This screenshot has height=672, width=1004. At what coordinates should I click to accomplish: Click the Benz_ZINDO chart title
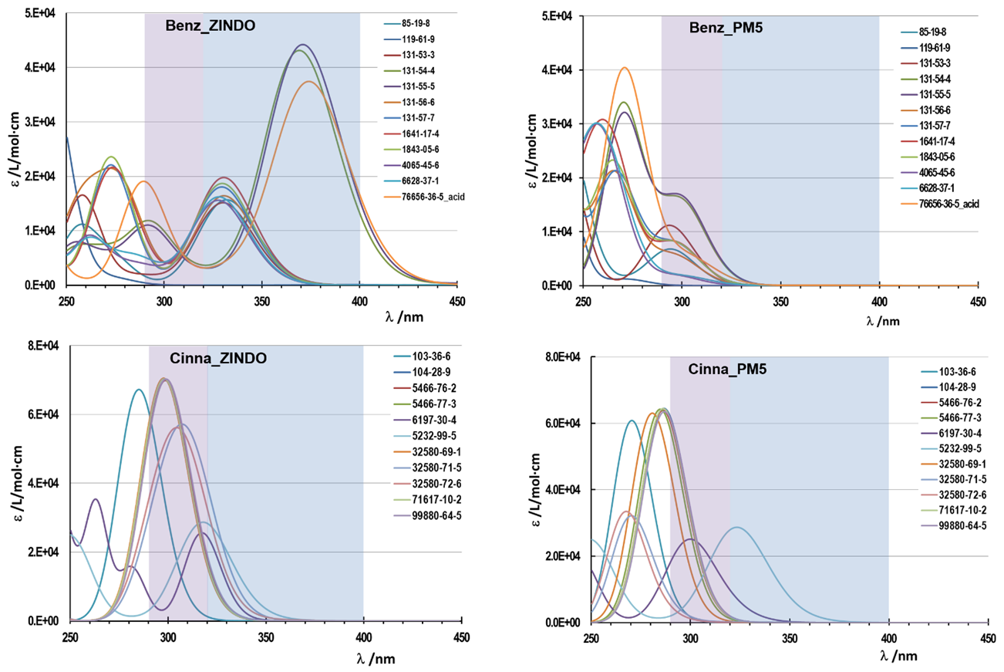coord(210,25)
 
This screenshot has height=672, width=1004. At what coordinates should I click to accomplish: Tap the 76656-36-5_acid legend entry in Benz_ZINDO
coord(433,197)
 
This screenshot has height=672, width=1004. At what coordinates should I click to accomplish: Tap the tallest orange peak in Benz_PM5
coord(625,68)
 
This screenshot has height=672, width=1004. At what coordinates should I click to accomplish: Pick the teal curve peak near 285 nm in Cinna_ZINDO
coord(139,390)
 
